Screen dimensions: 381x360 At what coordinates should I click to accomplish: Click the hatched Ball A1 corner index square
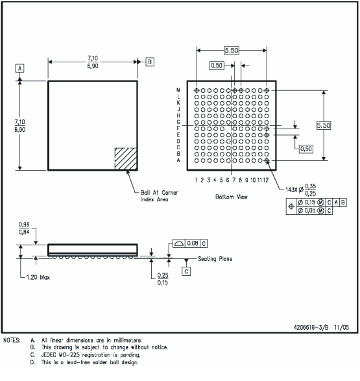coord(126,159)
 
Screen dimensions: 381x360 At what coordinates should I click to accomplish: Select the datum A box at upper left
coord(20,68)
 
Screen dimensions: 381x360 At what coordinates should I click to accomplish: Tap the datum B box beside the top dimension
coord(150,62)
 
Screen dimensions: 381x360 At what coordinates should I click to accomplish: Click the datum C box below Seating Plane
coord(186,272)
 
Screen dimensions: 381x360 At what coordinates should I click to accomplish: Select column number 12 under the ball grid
coord(266,180)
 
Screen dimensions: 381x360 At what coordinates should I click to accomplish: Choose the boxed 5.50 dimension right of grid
coord(323,125)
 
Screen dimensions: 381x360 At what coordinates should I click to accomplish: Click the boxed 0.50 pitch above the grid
coord(217,66)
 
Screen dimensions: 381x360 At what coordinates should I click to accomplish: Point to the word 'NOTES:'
coord(14,340)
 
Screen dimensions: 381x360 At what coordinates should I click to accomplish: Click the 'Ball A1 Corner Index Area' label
coord(159,196)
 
